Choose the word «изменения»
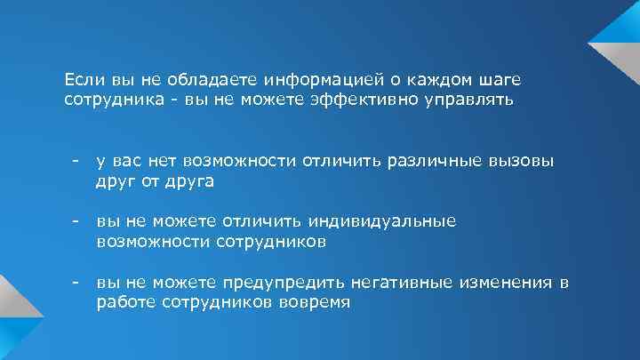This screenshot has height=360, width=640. [x=506, y=283]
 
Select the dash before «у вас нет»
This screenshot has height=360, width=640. [x=78, y=162]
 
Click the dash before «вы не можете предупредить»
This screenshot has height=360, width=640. [x=78, y=283]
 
